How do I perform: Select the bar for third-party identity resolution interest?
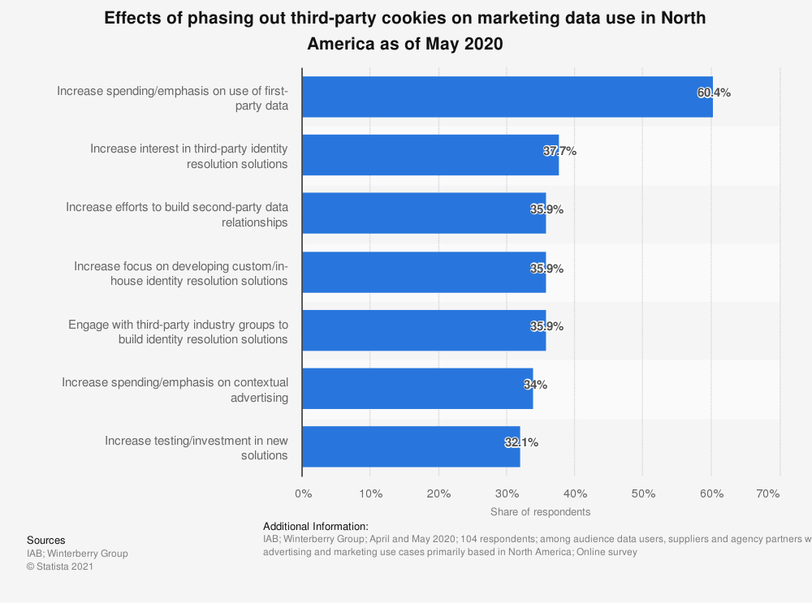(430, 156)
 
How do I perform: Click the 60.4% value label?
(714, 93)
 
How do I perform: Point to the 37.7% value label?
(559, 151)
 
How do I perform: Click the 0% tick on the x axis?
(303, 493)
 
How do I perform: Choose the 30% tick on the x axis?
(507, 493)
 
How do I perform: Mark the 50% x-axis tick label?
(643, 493)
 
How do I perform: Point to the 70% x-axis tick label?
(768, 493)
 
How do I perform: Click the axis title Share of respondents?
(540, 512)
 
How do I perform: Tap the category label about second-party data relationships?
(177, 215)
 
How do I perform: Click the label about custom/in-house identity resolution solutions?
(181, 274)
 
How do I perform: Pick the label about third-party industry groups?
(179, 332)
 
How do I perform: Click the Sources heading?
(46, 541)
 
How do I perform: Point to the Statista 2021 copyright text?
(60, 566)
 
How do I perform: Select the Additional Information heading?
(315, 527)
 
